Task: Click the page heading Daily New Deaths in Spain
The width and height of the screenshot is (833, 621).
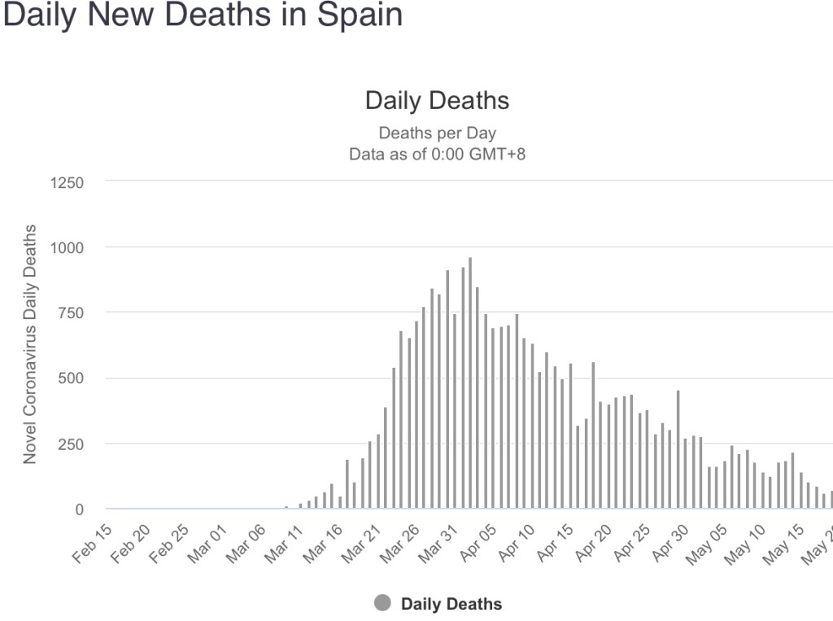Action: [203, 15]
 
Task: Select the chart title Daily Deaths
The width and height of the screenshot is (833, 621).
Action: [437, 100]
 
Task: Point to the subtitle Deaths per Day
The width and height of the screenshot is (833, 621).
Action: [437, 133]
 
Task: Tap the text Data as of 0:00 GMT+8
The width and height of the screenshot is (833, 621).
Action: [437, 153]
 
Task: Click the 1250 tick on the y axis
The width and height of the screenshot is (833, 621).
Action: [68, 182]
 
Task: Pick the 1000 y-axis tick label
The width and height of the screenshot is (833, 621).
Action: [68, 247]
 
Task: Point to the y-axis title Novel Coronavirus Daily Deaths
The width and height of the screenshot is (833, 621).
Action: [30, 344]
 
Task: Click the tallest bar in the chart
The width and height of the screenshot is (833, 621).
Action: [470, 383]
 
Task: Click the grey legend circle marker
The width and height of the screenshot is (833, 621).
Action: [382, 604]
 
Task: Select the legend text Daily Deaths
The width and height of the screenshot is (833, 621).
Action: [451, 604]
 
